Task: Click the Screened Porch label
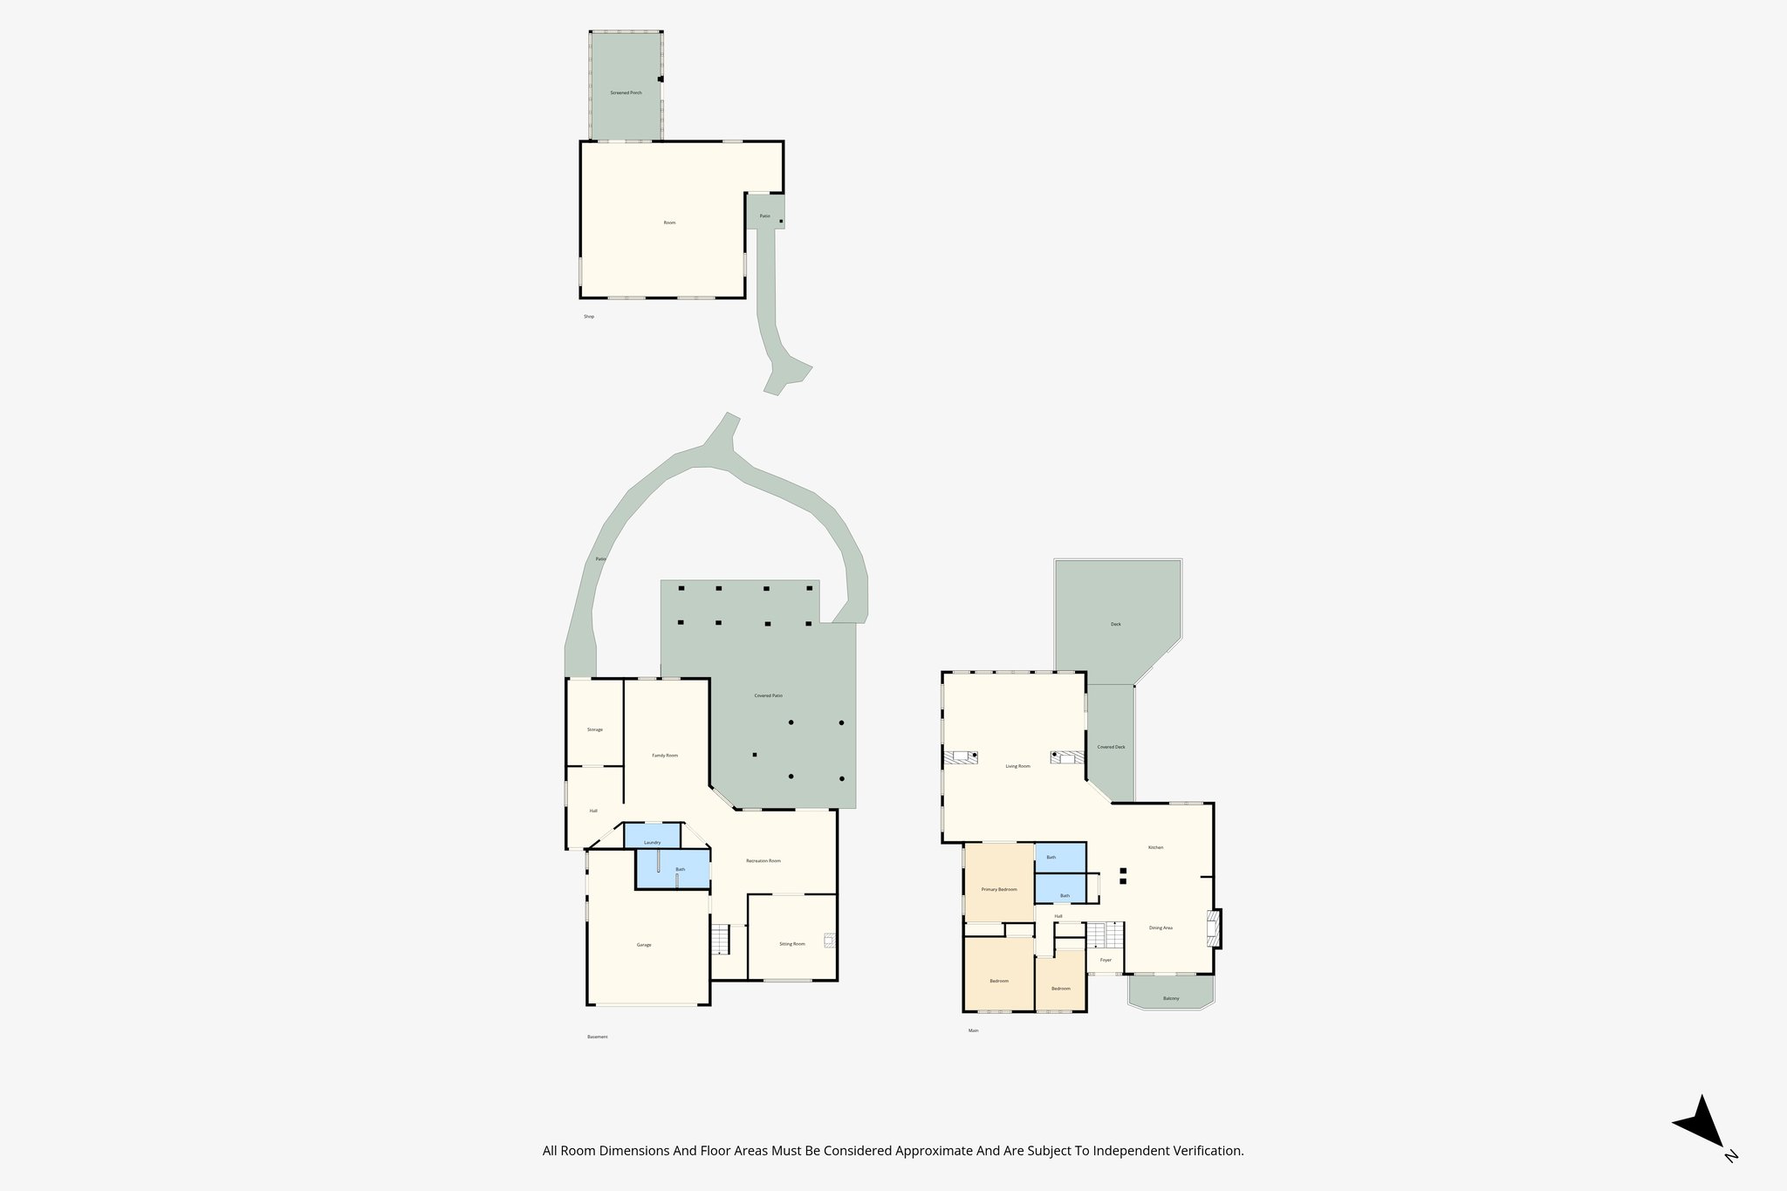626,92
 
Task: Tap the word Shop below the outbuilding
589,317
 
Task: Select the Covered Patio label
768,695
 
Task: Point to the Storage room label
594,729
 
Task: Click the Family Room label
665,755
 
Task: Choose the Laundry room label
652,842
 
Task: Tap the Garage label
644,945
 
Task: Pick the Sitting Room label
792,943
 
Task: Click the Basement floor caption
597,1037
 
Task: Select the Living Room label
1017,766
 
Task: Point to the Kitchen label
1155,847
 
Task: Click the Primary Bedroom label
999,889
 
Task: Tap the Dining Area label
1161,927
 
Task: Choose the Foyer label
1106,960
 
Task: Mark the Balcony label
1171,998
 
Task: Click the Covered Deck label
1111,747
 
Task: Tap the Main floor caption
973,1030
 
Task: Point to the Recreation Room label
763,861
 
